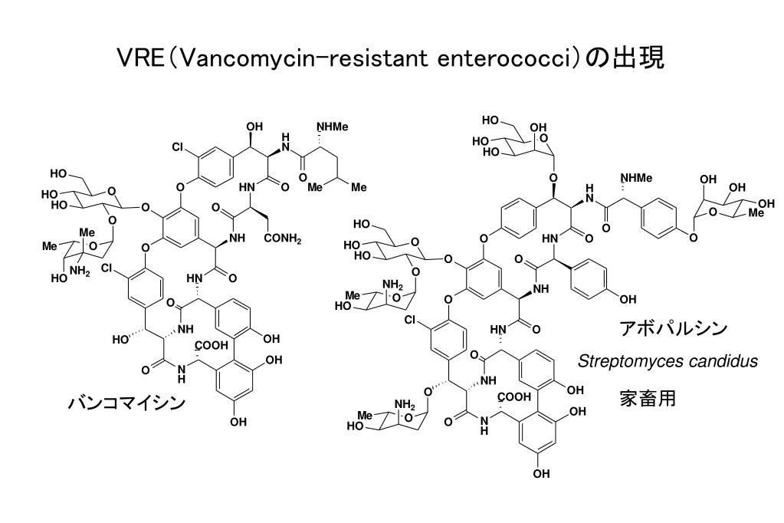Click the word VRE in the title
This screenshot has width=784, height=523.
tap(140, 58)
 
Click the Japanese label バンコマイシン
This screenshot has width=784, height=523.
tap(126, 403)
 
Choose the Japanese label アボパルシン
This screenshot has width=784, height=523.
tap(673, 328)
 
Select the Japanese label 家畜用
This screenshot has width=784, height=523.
tap(648, 398)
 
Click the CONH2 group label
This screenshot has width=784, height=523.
tap(283, 238)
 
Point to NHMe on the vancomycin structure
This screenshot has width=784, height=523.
tap(332, 127)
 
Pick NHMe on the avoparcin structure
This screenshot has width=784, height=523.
tap(636, 178)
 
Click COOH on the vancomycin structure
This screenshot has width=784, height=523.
tap(211, 345)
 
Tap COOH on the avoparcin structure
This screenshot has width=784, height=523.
tap(514, 397)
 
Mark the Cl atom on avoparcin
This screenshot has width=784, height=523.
tap(410, 320)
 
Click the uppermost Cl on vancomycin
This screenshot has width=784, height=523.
tap(178, 147)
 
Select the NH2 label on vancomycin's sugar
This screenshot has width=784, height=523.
tap(80, 271)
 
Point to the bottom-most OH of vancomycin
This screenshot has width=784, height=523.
tap(238, 423)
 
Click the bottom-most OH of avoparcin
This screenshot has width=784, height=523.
tap(541, 473)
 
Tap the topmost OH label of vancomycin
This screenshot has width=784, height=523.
tap(255, 127)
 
